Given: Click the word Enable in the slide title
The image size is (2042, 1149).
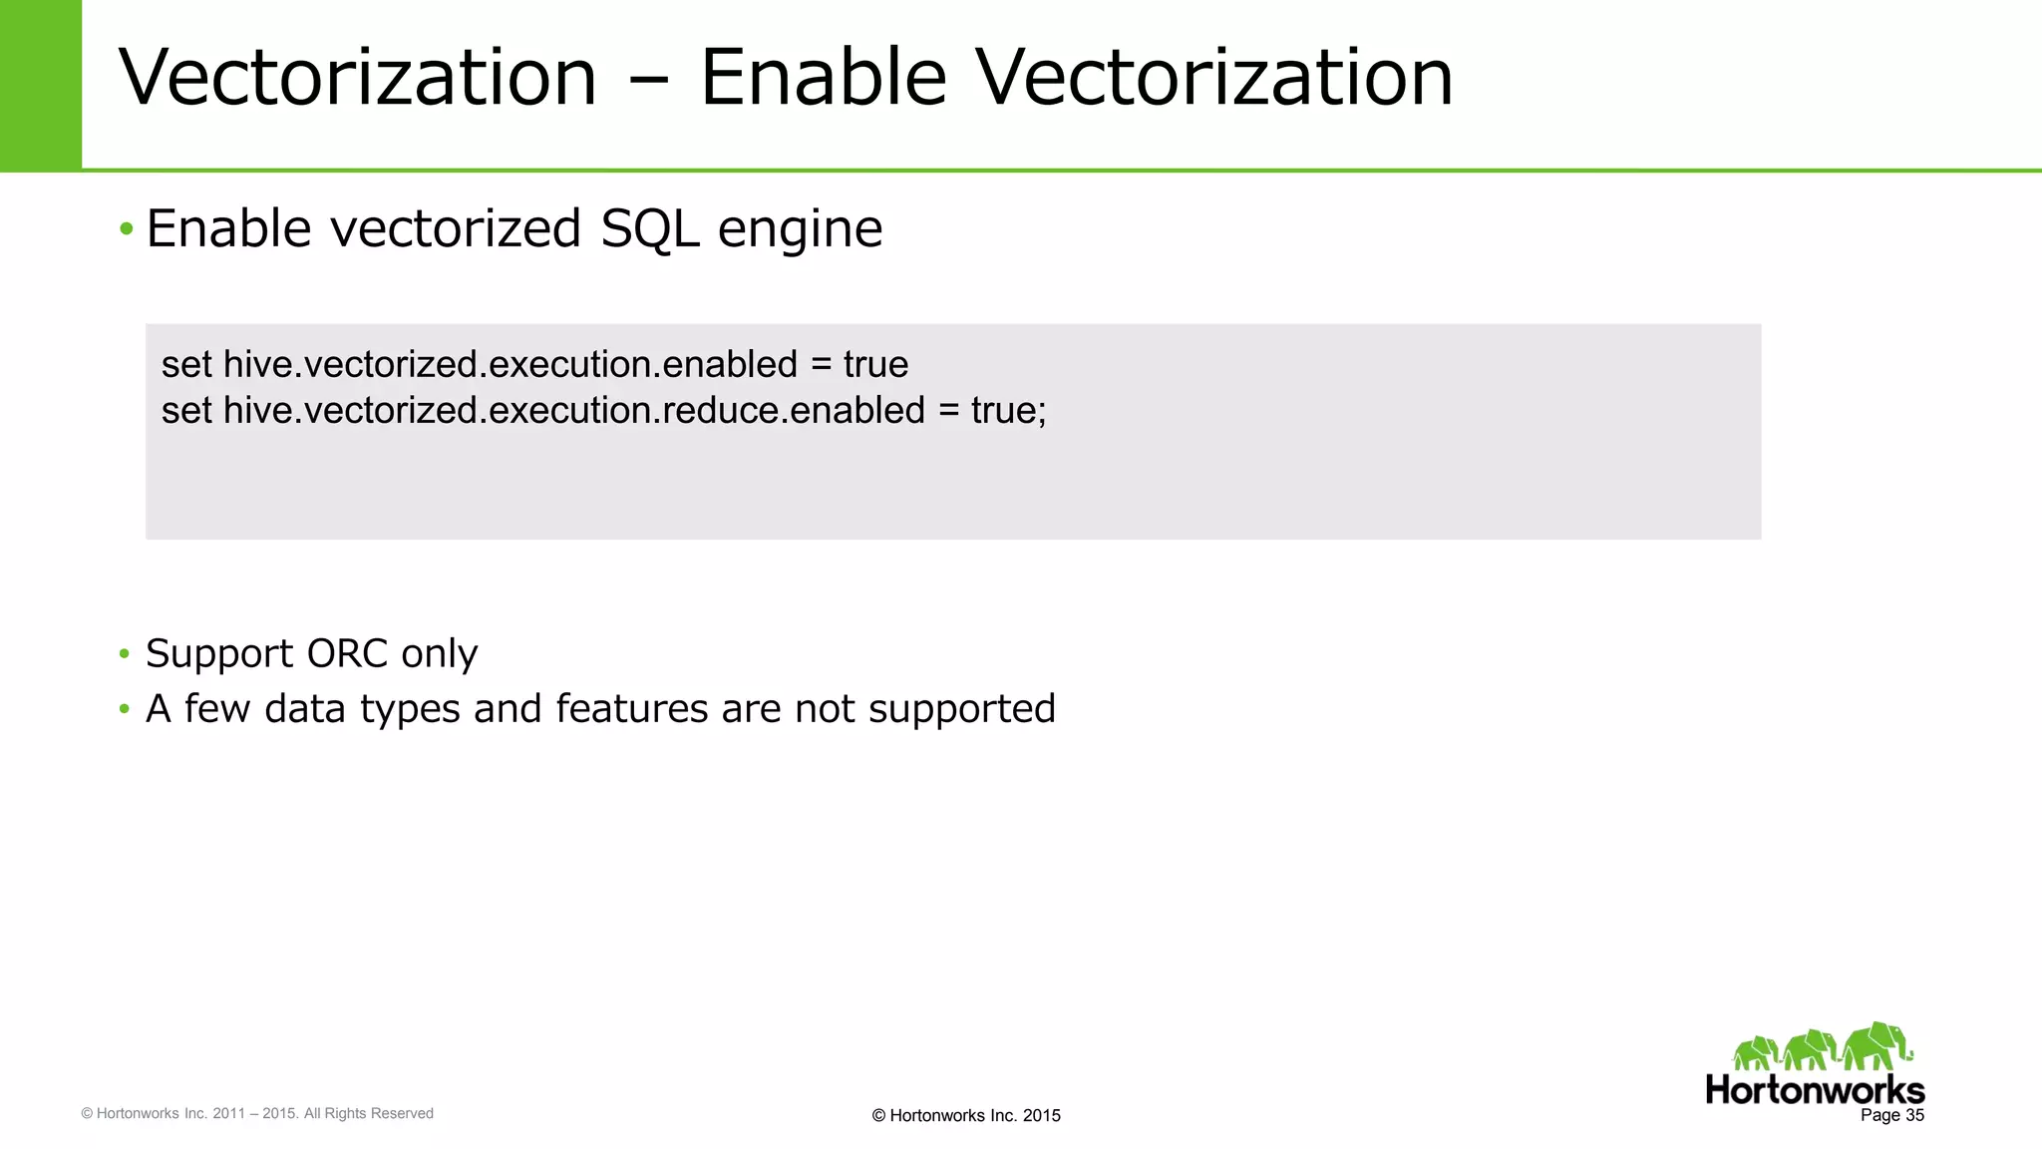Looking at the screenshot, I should point(823,78).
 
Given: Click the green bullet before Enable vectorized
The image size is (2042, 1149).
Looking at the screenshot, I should point(126,229).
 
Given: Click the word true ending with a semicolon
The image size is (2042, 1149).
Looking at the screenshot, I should point(1008,411).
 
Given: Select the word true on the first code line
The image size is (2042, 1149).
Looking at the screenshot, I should point(875,365).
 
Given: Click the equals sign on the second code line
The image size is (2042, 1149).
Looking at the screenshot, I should point(948,411).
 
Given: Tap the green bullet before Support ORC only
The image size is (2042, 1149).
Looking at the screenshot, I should point(125,654).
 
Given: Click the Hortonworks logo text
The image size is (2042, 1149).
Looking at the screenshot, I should point(1815,1090).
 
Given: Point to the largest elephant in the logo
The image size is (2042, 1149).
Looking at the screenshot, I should point(1877,1046).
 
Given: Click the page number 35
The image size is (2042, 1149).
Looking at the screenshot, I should point(1914,1115).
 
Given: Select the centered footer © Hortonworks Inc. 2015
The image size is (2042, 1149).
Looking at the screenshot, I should point(965,1116).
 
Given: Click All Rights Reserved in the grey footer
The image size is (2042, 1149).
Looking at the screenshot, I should point(368,1113).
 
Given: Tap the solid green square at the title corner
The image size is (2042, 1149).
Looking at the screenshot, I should point(40,85).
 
